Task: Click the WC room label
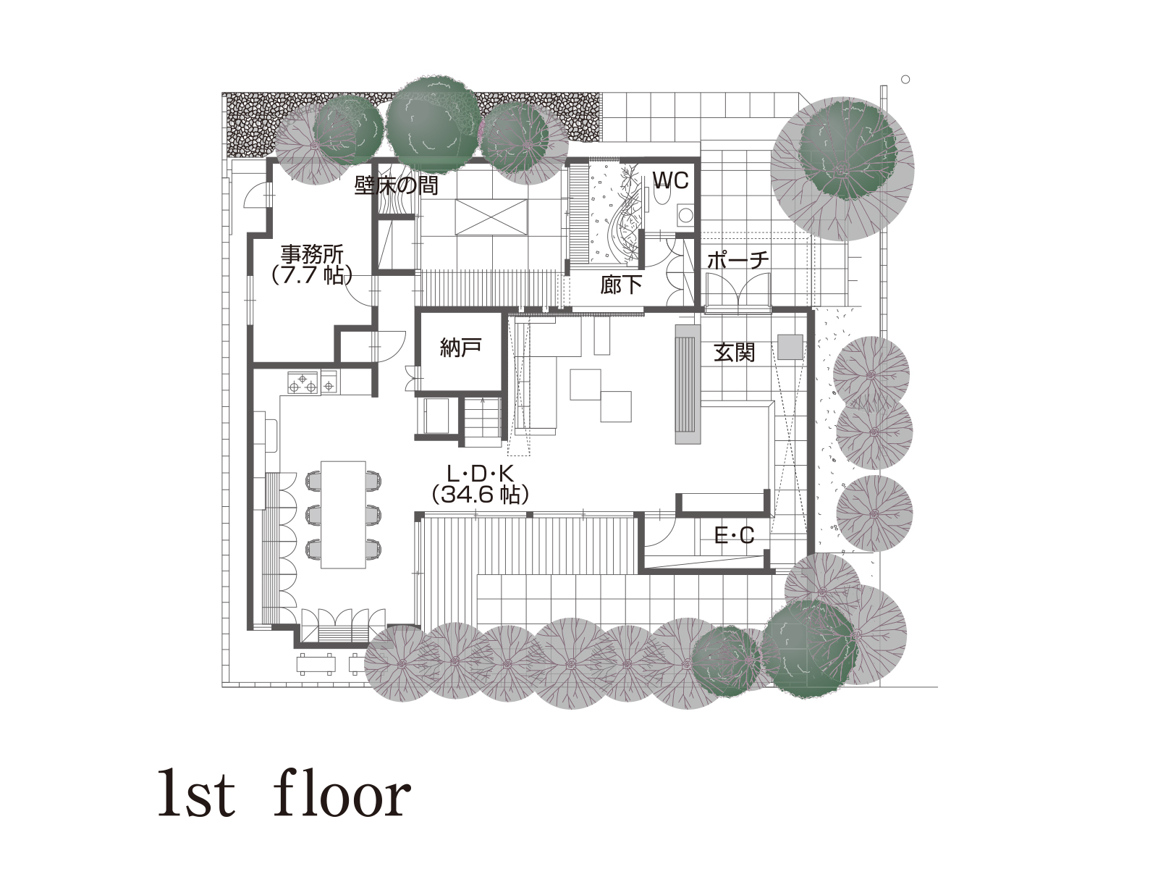(671, 180)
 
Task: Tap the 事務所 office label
(312, 254)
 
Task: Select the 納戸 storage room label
(460, 348)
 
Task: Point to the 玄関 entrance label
(735, 353)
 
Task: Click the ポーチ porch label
(738, 260)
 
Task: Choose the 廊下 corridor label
(621, 285)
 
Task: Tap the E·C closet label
(735, 536)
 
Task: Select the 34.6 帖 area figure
(480, 495)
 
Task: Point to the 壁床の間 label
(396, 185)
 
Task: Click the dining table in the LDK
(343, 514)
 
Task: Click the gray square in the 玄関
(790, 347)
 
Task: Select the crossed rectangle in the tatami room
(491, 217)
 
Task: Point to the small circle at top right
(906, 80)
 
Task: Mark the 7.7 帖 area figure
(312, 276)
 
